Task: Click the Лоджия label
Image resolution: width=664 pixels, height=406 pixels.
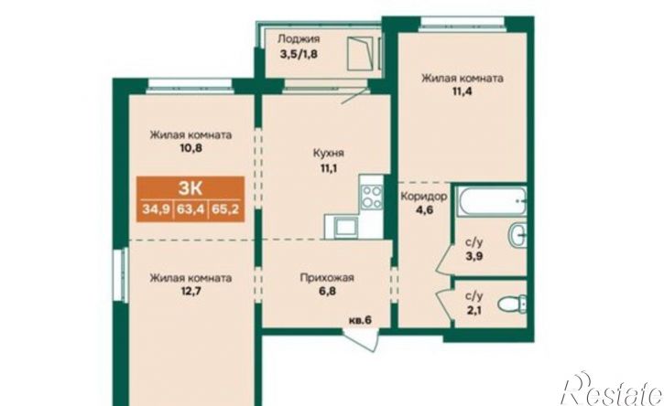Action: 300,39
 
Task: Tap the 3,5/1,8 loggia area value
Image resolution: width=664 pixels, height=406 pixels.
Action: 300,54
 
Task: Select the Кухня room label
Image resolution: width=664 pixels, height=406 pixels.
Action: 327,155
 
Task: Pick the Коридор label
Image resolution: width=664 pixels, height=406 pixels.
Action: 423,197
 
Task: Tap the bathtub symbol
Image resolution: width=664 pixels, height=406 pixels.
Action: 491,198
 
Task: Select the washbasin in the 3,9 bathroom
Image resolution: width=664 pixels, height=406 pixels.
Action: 517,236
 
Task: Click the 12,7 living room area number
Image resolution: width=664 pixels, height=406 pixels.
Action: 190,292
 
